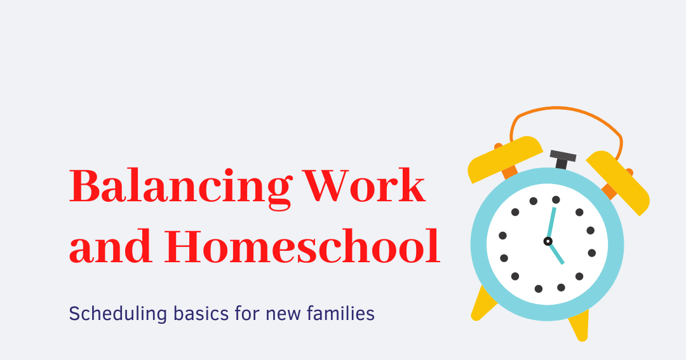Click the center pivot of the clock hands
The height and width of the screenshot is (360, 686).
coord(548,241)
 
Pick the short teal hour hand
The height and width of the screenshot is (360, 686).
coord(556,253)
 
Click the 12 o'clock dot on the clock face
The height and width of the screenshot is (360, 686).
coord(556,199)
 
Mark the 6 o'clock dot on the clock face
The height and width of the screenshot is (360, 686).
coord(539,289)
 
